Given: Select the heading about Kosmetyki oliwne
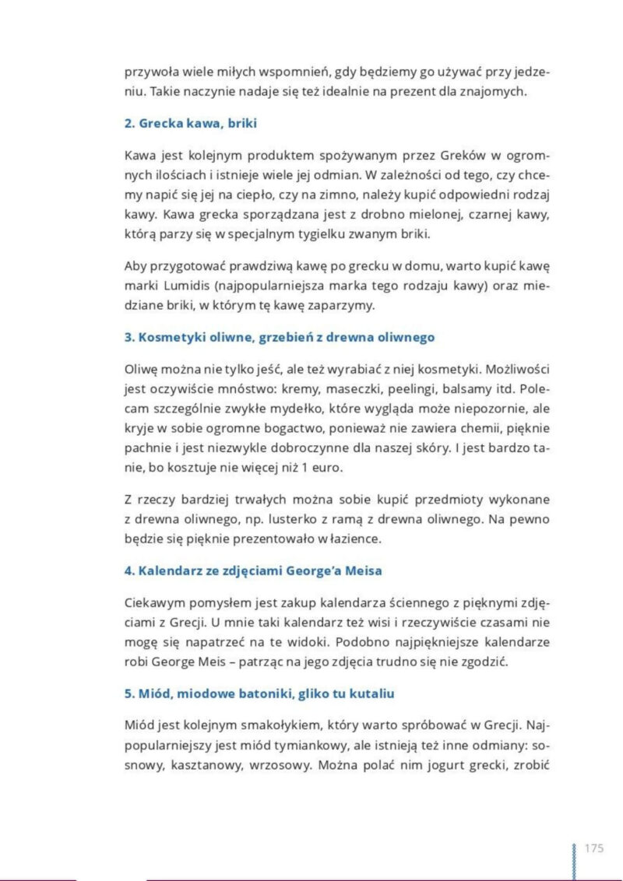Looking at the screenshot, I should click(279, 337).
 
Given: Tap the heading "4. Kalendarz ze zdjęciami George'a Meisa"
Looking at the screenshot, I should click(253, 570).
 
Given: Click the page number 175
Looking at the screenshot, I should click(593, 848).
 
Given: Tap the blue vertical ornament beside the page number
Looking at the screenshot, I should click(575, 859).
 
